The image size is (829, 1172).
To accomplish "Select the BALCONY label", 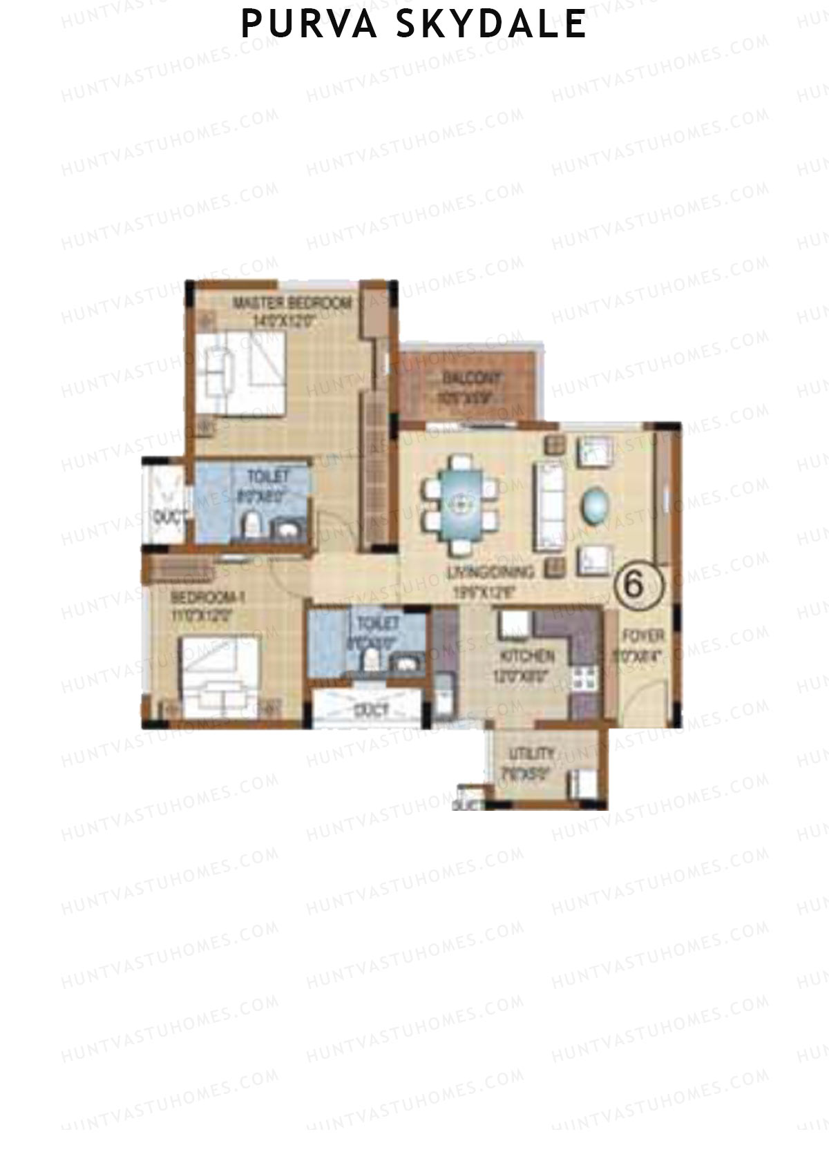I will coord(472,378).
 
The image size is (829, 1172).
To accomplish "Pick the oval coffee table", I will coord(595,506).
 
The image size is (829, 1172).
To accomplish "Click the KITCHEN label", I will coord(527,655).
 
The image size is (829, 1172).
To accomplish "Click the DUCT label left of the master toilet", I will coord(166,515).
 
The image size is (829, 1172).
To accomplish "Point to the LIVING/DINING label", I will coord(490,572).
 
